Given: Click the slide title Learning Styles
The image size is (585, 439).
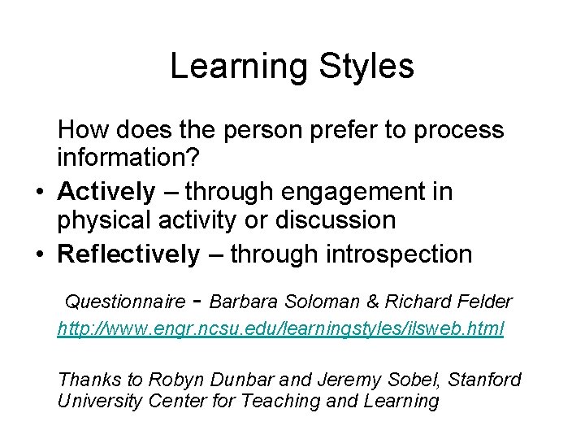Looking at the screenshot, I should (292, 67).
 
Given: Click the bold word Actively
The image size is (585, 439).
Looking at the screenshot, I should (106, 192).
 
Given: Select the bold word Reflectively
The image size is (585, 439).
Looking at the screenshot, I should (128, 254).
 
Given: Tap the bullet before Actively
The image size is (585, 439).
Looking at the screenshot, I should (39, 193).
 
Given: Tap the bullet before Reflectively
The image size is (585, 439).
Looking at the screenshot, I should (39, 255).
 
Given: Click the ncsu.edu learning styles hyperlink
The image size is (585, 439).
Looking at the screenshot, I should (280, 328).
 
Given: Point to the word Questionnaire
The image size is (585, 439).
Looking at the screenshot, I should (124, 302).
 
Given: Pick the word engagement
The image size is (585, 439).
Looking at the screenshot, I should (351, 193).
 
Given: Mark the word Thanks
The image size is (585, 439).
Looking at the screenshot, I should (86, 380).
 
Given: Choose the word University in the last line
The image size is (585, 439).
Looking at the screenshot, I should (96, 401).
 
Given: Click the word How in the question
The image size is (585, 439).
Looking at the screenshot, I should (81, 130).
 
